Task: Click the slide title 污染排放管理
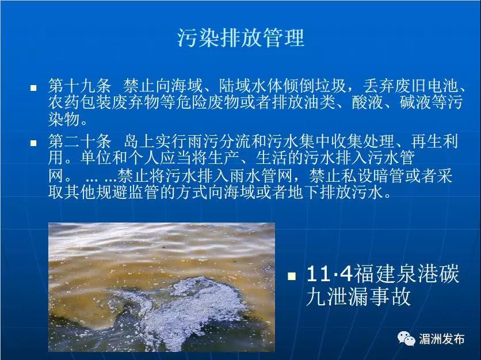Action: pos(241,38)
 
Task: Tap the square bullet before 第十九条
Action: pos(33,88)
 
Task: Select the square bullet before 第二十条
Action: pos(33,143)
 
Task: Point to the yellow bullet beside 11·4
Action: pos(292,276)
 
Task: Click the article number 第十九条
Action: pos(79,86)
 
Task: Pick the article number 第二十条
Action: pos(79,141)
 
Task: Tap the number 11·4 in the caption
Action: pos(330,274)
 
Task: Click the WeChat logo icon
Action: pos(406,339)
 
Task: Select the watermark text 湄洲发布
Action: pos(441,339)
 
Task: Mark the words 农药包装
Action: pos(79,102)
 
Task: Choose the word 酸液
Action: pos(367,102)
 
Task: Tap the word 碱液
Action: pos(415,102)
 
